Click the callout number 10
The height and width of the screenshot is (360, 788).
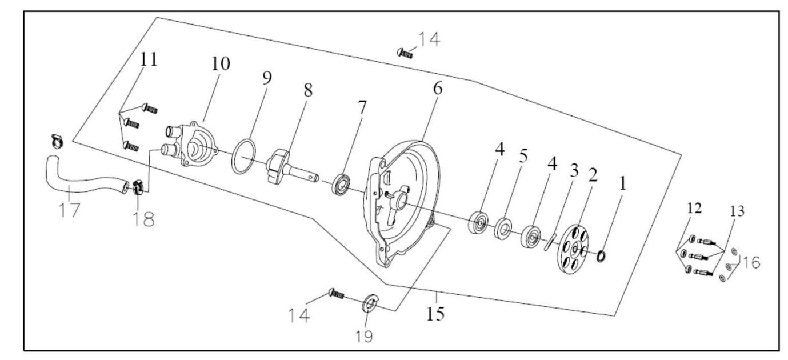click(x=221, y=63)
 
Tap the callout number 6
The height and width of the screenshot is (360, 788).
click(x=438, y=89)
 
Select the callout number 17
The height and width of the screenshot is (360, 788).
click(x=69, y=210)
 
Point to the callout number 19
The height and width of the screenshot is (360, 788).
click(x=364, y=337)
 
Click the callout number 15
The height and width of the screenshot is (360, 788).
click(x=435, y=314)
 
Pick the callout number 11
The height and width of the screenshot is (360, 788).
click(x=149, y=59)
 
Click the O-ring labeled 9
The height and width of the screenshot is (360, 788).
click(x=243, y=156)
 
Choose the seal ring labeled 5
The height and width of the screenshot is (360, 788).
click(x=503, y=229)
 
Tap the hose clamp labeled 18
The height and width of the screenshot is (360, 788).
click(x=138, y=186)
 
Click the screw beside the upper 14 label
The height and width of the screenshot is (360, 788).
click(x=405, y=53)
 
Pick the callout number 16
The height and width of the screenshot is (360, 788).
click(x=750, y=262)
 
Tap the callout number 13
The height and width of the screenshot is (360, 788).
click(x=737, y=211)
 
